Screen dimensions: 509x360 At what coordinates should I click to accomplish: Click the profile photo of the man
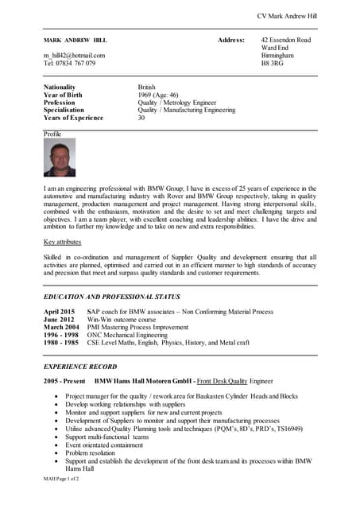(60, 157)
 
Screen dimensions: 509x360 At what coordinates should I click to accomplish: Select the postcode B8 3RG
(273, 63)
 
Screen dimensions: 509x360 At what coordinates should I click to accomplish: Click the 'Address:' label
(231, 40)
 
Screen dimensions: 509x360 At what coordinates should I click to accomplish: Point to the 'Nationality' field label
(62, 87)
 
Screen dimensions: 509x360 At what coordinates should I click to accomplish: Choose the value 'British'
(147, 87)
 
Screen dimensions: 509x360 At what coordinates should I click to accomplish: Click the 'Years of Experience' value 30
(141, 118)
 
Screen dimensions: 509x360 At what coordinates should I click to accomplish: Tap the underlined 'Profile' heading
(52, 134)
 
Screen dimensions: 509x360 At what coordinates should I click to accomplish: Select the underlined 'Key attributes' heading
(63, 241)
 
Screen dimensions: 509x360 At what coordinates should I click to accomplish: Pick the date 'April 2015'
(60, 312)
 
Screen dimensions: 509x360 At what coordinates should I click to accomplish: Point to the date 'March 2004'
(61, 327)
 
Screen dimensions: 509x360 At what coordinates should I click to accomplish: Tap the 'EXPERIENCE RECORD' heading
(81, 367)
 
